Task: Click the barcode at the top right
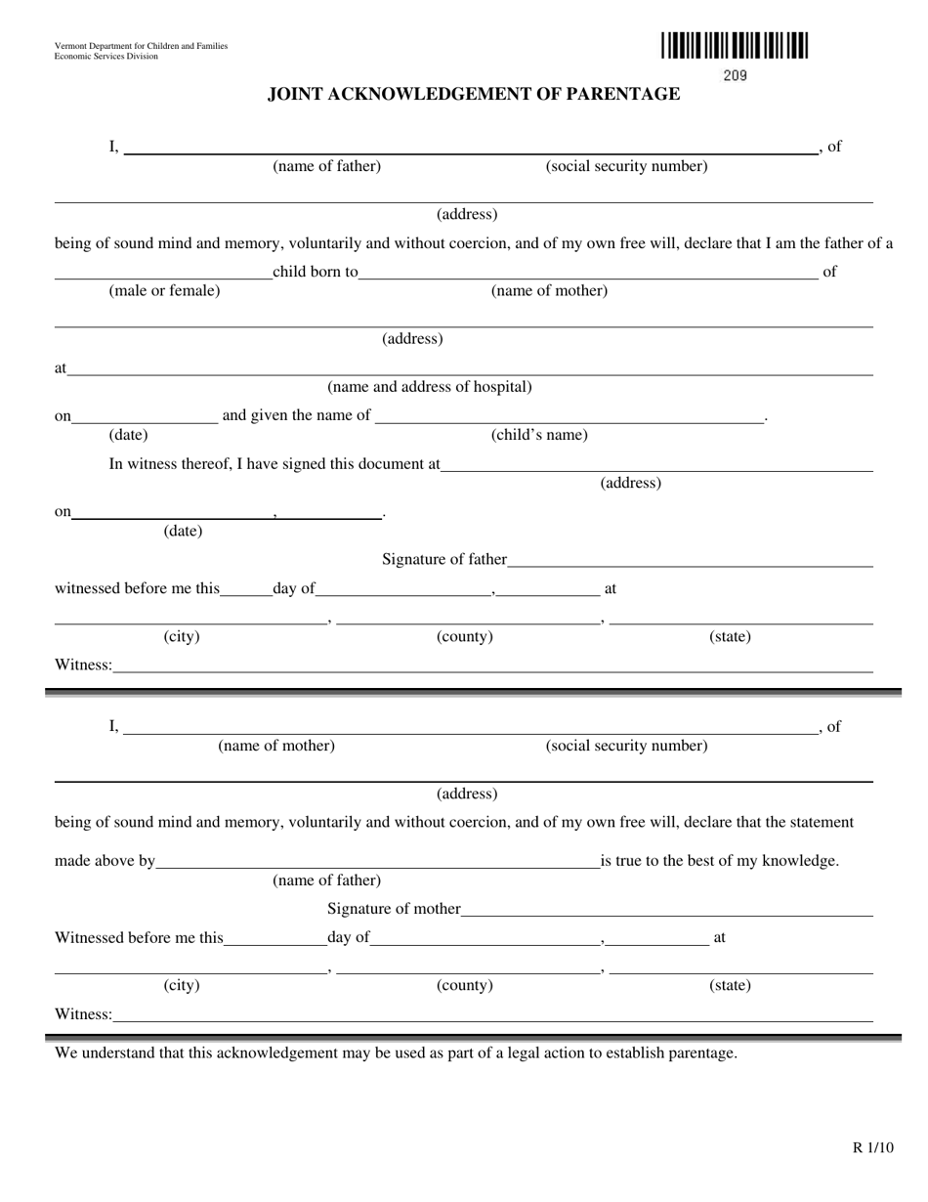coord(734,47)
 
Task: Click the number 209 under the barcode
coord(735,76)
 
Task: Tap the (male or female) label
coord(164,291)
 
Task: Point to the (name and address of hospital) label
coord(430,387)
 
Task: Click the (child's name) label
coord(539,436)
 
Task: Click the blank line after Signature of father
coord(690,565)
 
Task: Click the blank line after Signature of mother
coord(666,915)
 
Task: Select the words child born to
coord(315,272)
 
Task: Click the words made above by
coord(105,862)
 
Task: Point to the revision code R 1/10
coord(872,1149)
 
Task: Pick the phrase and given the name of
coord(296,415)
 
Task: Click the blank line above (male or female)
coord(162,279)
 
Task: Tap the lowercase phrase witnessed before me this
coord(137,589)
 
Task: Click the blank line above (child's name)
coord(569,422)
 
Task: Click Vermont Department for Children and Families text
coord(142,46)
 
